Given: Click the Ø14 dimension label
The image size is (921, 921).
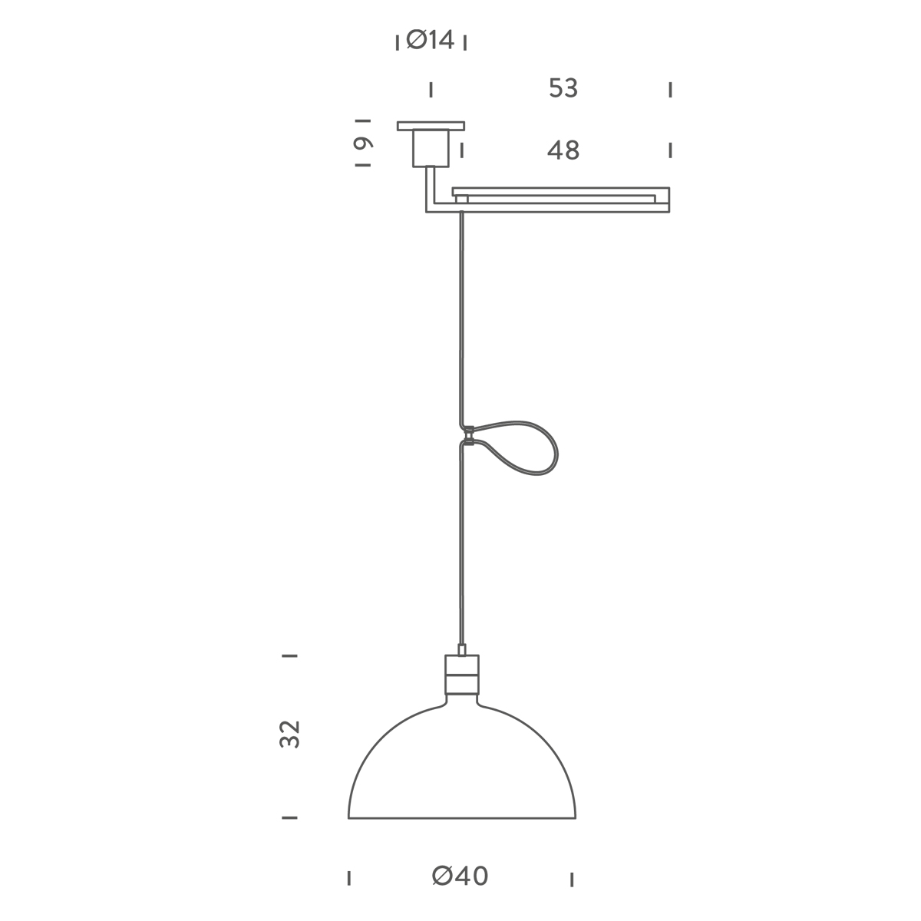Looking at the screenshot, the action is (430, 40).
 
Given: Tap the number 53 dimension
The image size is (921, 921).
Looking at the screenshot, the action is (563, 88).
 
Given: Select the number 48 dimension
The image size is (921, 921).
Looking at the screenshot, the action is (563, 150).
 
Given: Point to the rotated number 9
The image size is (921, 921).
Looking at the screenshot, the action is (363, 143).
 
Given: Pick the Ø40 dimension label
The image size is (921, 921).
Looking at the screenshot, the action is (460, 876).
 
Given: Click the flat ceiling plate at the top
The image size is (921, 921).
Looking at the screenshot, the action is (431, 126).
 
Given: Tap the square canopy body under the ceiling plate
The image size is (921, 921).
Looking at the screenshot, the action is (431, 149).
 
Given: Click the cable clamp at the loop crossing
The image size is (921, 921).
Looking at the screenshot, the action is (469, 435).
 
